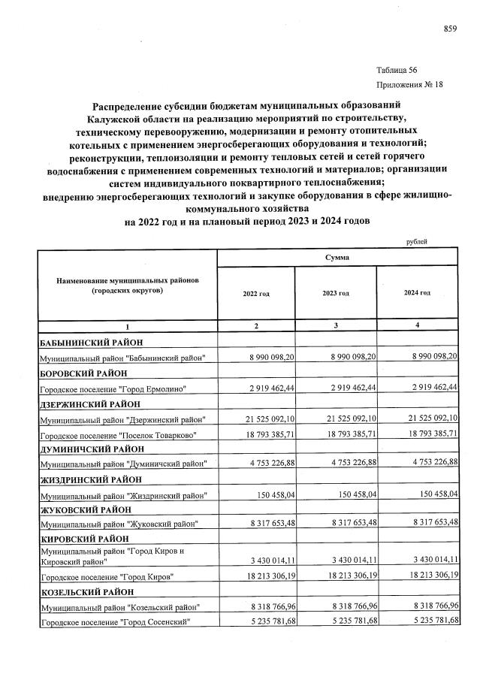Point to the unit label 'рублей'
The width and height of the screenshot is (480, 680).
pyautogui.click(x=416, y=241)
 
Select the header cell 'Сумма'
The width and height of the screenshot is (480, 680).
pyautogui.click(x=336, y=257)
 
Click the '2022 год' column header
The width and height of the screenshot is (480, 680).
pyautogui.click(x=255, y=293)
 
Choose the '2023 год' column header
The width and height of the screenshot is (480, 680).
pyautogui.click(x=336, y=293)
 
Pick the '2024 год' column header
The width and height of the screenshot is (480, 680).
pyautogui.click(x=417, y=293)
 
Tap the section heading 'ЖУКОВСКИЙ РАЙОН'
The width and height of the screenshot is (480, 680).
pyautogui.click(x=80, y=509)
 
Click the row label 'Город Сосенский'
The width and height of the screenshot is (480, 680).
pyautogui.click(x=113, y=621)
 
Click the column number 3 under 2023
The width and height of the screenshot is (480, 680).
pyautogui.click(x=336, y=325)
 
